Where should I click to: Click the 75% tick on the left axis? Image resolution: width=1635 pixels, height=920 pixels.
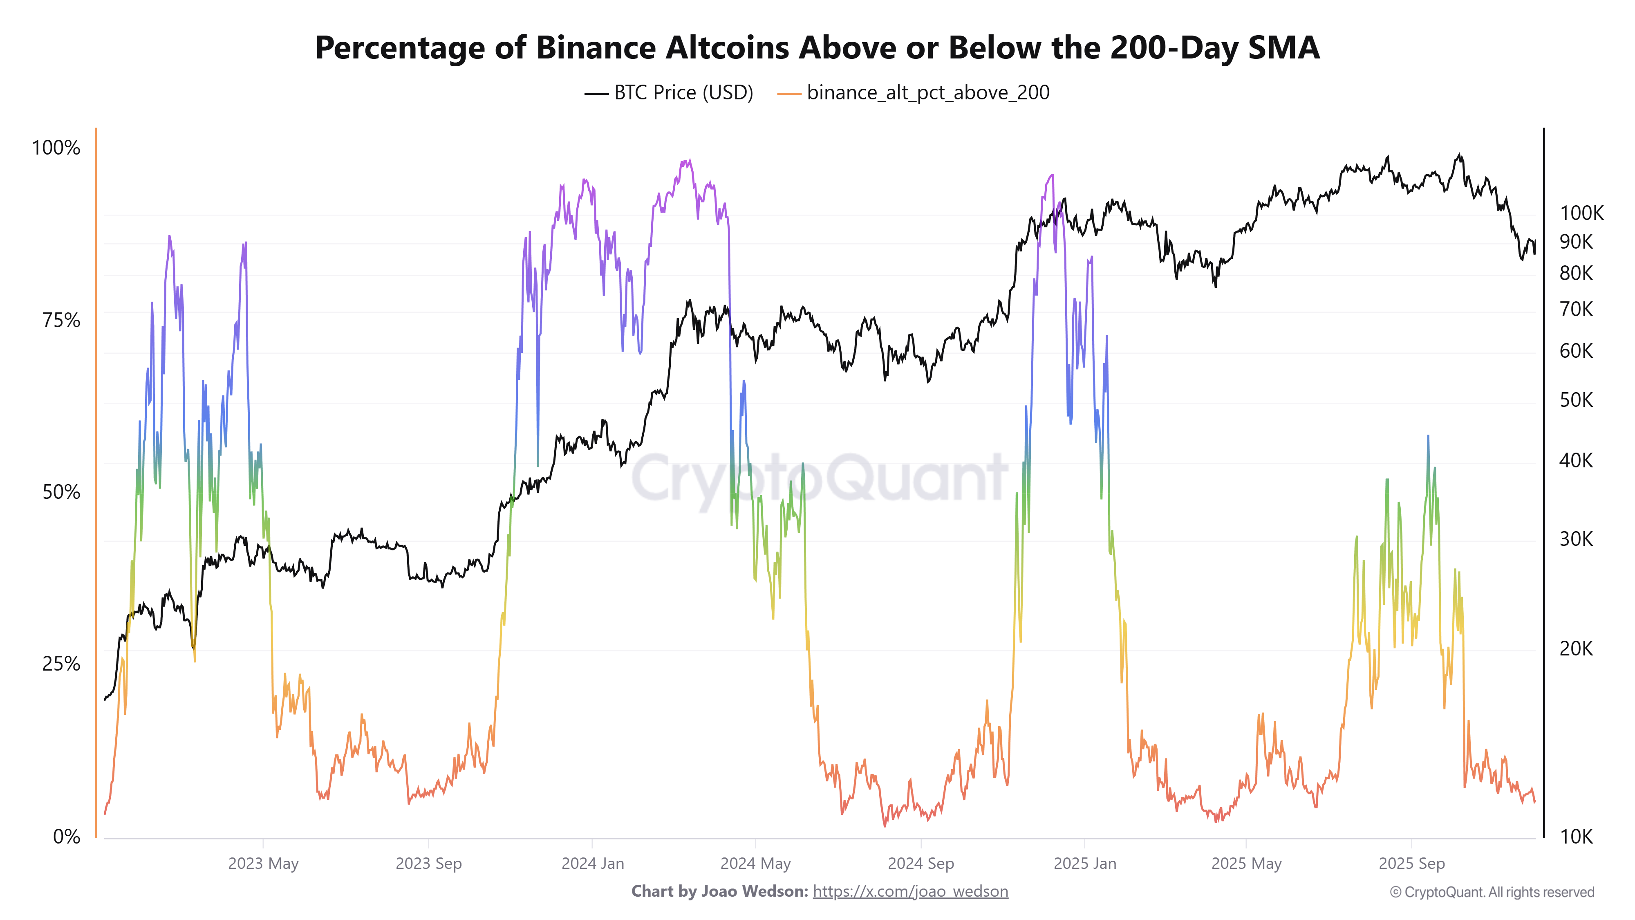[61, 320]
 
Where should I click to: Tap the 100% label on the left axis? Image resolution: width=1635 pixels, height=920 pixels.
[56, 148]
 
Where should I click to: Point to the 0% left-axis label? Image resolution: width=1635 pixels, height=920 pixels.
[66, 836]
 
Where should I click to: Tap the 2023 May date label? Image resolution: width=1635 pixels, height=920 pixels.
[263, 864]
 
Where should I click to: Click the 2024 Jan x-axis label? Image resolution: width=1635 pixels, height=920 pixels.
[592, 864]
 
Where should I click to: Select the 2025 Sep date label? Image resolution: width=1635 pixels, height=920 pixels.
[1411, 864]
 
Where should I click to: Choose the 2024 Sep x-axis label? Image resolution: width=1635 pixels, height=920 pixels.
[921, 864]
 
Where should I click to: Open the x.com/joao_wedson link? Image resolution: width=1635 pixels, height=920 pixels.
[910, 891]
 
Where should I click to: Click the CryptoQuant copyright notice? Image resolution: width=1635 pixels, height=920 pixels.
[1492, 892]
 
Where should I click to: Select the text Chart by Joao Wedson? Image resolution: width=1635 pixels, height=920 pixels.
[719, 891]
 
